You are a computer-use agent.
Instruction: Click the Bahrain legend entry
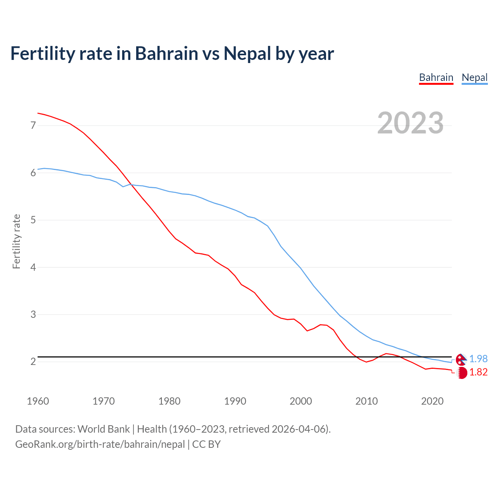point(436,77)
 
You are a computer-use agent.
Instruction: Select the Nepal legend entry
point(474,77)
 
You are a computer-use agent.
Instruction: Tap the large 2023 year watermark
point(410,123)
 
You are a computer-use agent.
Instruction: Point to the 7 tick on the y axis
point(33,125)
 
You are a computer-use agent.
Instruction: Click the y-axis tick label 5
point(33,220)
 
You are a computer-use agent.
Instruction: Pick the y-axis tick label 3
point(33,314)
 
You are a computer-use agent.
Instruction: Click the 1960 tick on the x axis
point(38,401)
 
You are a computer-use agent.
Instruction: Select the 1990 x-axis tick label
point(235,401)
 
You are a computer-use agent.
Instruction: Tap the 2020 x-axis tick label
point(432,401)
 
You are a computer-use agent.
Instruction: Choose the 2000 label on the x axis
point(301,401)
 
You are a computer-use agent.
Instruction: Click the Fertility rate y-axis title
point(16,241)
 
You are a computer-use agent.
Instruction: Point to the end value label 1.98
point(478,359)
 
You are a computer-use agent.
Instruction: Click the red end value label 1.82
point(478,372)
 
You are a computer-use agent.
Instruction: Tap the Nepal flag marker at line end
point(461,359)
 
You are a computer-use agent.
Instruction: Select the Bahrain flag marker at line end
point(461,373)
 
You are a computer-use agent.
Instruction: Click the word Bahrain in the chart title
point(167,53)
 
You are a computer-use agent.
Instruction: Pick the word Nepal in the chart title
point(247,53)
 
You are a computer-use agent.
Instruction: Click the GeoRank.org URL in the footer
point(100,444)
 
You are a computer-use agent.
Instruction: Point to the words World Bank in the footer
point(103,429)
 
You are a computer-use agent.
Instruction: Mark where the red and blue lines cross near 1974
point(131,185)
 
